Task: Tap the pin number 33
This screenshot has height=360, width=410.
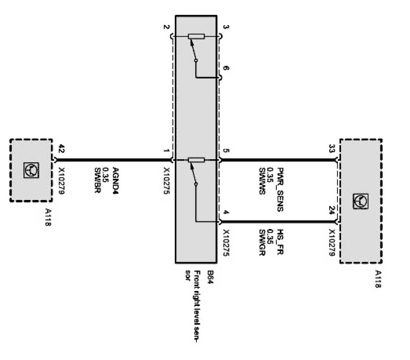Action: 331,149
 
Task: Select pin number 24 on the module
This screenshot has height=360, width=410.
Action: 332,211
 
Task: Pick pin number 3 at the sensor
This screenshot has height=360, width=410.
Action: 226,28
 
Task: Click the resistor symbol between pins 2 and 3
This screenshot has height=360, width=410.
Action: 196,36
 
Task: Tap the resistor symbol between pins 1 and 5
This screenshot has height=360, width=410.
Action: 196,160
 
